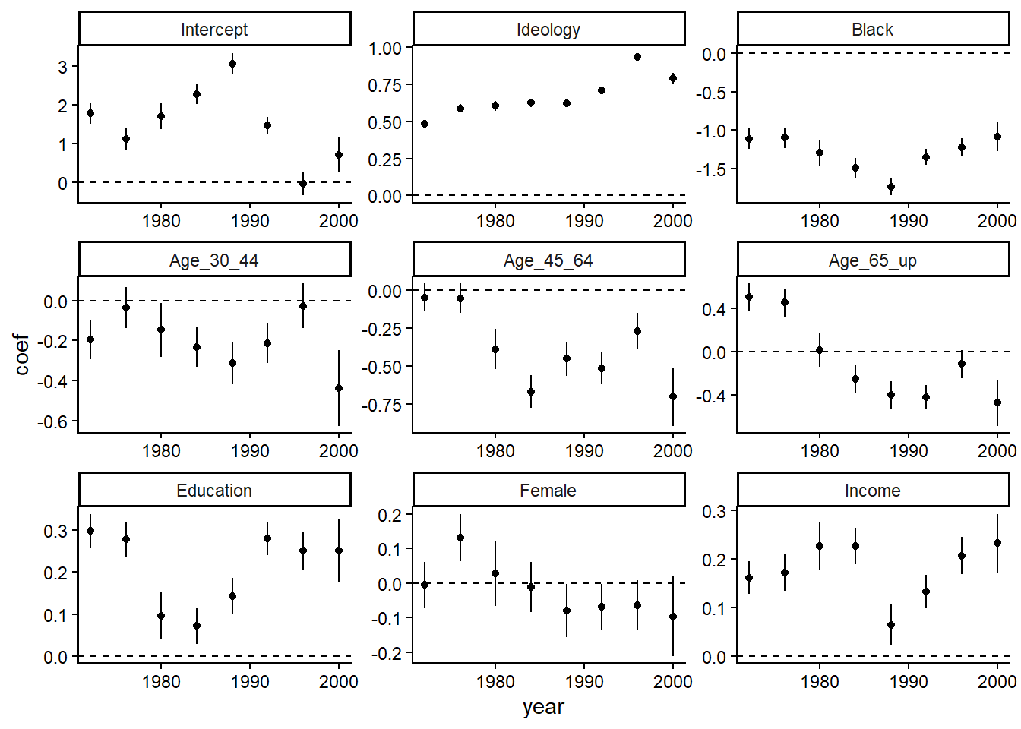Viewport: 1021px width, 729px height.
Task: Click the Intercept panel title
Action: coord(214,30)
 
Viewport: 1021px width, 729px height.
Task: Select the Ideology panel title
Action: coord(548,30)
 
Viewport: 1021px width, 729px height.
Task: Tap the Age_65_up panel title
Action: coord(872,260)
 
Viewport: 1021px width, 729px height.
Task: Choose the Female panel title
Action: coord(548,491)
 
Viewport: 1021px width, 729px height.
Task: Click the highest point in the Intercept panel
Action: coord(232,64)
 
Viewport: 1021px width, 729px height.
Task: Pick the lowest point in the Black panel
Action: coord(891,187)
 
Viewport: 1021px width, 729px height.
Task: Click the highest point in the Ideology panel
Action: coord(637,57)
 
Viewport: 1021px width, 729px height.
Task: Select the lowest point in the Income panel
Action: coord(891,626)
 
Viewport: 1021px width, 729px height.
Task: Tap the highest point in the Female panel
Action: coord(460,538)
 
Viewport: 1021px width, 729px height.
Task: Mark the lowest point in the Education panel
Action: coord(197,626)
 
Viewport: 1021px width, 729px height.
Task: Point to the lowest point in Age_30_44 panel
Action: coord(339,388)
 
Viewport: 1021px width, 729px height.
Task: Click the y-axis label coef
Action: coord(21,354)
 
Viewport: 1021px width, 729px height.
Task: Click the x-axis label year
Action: coord(543,707)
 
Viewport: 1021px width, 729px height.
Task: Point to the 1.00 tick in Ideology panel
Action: coord(385,49)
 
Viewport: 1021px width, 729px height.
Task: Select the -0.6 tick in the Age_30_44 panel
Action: coord(53,421)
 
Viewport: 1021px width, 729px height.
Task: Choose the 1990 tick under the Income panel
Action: coord(909,682)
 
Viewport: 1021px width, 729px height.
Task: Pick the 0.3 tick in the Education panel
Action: coord(56,531)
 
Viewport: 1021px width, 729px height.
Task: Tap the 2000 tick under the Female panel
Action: coord(672,682)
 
